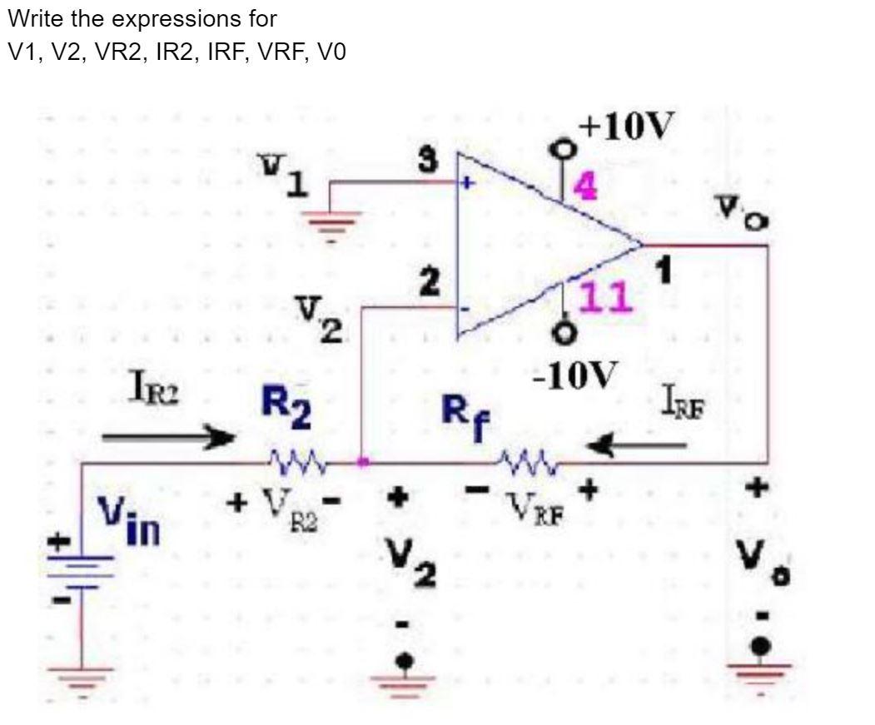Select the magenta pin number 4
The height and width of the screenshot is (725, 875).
point(586,187)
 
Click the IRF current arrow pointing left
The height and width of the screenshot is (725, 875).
point(638,448)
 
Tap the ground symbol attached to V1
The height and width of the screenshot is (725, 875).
point(333,220)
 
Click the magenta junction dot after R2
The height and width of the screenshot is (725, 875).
point(361,461)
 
